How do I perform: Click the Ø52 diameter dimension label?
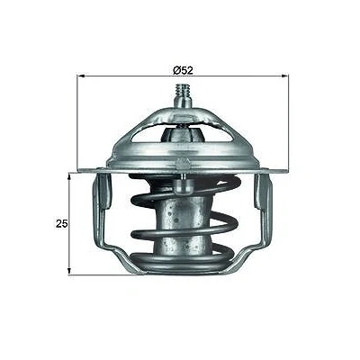[x=183, y=70]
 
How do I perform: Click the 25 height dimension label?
[x=62, y=223]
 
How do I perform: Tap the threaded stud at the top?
[x=183, y=90]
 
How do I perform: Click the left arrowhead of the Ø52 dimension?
[x=81, y=76]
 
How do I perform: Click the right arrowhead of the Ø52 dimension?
[x=284, y=76]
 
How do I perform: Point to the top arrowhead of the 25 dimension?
[x=69, y=177]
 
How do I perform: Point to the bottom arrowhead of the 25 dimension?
[x=69, y=270]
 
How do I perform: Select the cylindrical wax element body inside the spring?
[x=180, y=222]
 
